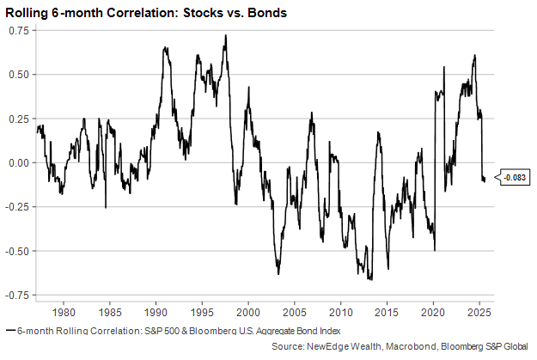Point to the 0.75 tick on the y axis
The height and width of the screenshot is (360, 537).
[19, 30]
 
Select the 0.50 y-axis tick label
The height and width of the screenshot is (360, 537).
[19, 74]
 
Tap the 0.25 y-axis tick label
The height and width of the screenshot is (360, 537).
[19, 119]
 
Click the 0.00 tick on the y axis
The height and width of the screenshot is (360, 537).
[19, 162]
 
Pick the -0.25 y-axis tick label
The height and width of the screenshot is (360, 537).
[17, 207]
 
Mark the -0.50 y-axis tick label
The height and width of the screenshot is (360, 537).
[17, 251]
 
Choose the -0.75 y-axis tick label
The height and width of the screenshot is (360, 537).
[17, 296]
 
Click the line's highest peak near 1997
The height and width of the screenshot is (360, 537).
[225, 36]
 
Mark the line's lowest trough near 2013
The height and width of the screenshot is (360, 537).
[370, 279]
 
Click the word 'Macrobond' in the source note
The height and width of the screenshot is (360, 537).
[399, 345]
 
